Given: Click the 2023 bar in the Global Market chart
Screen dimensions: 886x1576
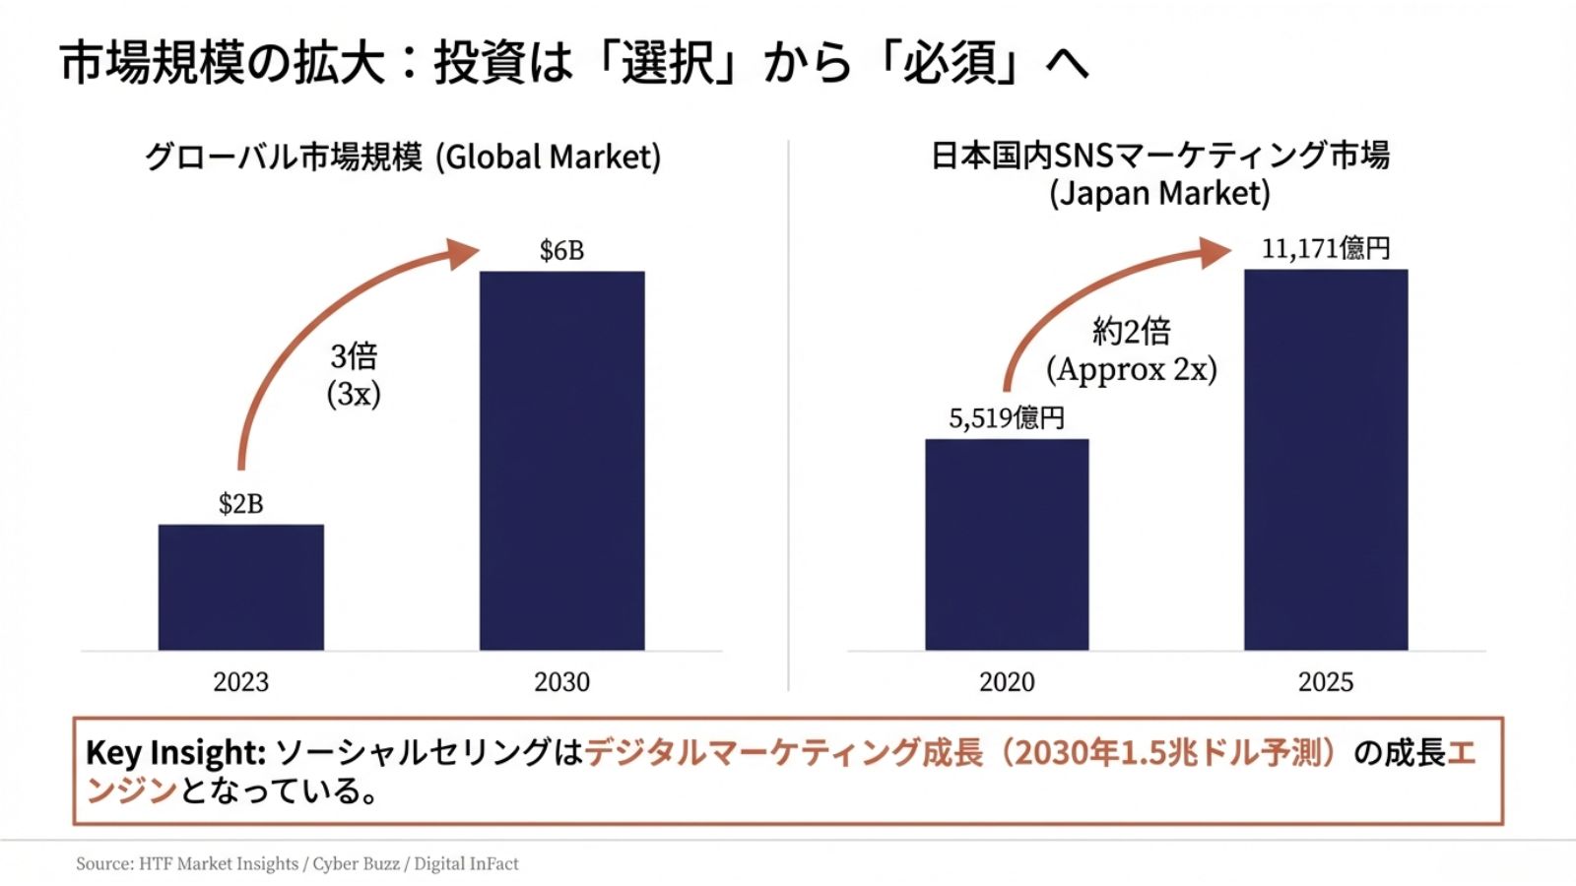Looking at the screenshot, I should pos(241,587).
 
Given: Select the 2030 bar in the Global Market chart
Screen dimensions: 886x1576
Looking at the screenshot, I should pos(562,460).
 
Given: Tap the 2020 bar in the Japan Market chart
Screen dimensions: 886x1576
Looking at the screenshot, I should pos(1007,544).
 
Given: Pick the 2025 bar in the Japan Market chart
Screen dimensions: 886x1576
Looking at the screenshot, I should pos(1326,460).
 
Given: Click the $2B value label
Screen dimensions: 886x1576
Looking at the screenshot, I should pos(241,504).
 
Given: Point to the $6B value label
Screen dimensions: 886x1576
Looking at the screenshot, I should pos(562,251).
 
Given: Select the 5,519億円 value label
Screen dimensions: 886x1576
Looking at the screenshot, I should pos(1007,418).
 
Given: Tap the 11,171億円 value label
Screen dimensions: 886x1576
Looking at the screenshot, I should pos(1326,248).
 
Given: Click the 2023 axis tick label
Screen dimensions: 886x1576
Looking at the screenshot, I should pos(241,681).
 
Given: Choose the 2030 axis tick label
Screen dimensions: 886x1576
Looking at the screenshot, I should pos(562,681).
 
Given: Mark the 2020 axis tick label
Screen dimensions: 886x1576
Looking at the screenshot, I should pos(1007,681).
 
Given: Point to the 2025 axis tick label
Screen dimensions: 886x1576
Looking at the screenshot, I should pos(1326,681).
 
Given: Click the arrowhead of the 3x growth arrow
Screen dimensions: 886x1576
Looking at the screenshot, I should pos(463,253).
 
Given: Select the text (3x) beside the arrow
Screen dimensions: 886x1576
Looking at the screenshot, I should pos(354,394).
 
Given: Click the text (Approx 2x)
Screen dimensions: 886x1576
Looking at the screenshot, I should pos(1132,369).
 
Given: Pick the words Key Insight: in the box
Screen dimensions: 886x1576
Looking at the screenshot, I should pos(176,752).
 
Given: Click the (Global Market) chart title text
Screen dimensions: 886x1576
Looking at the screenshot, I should pos(549,158).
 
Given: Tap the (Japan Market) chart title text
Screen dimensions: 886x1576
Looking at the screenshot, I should pos(1159,193).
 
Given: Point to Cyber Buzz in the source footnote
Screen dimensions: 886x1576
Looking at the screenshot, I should pos(356,863).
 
